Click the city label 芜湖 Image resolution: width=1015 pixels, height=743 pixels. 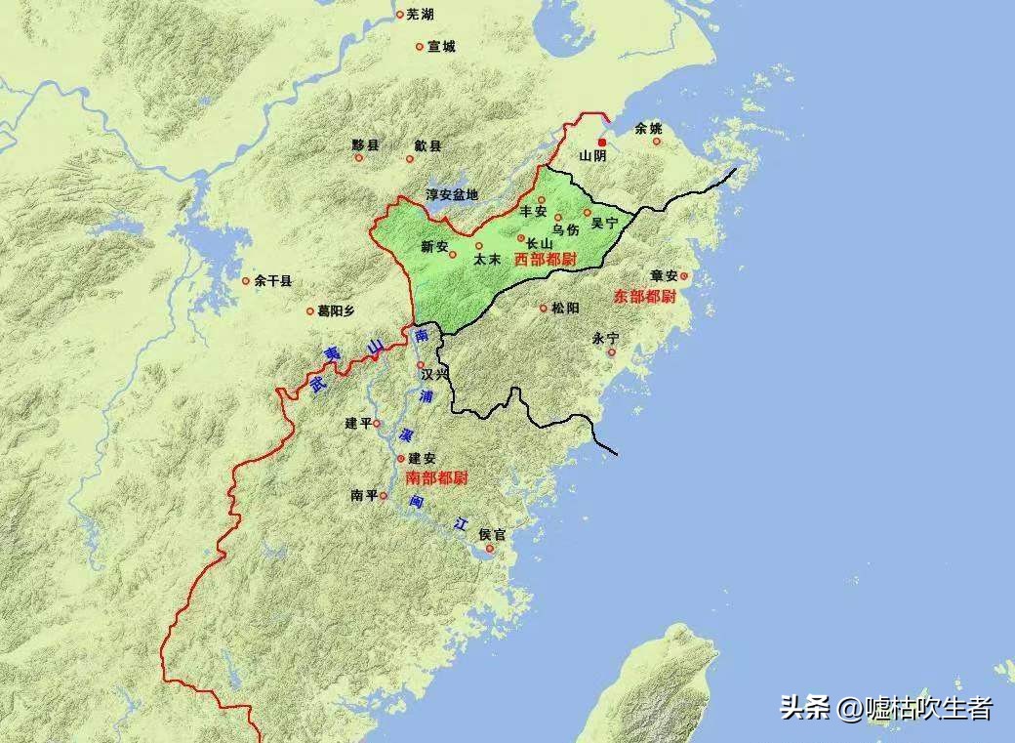421,14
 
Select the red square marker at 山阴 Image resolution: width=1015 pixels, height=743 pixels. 602,143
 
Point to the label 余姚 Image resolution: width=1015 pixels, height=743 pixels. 648,128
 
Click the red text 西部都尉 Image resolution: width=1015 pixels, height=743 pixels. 544,259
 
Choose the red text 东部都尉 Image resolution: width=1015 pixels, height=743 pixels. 645,296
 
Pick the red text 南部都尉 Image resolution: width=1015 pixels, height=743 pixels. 436,477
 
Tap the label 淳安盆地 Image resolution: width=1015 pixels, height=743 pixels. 452,194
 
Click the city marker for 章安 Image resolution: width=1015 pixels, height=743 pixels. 684,276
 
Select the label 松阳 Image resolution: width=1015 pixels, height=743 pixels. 565,308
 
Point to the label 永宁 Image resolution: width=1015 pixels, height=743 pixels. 605,338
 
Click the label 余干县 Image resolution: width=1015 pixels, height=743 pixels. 273,280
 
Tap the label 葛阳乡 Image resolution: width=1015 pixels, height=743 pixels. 336,310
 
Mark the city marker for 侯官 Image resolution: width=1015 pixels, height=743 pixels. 490,549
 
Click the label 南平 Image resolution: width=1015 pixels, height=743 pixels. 363,496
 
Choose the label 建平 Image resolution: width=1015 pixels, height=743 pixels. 358,424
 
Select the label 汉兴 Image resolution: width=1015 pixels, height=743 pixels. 435,374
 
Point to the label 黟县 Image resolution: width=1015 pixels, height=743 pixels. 365,144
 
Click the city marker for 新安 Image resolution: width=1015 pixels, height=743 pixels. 453,255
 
